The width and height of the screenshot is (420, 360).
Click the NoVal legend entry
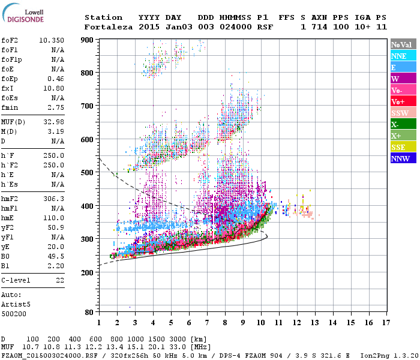pos(401,44)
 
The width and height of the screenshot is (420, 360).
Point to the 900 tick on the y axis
pos(88,40)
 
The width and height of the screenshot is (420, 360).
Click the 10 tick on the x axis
pos(260,322)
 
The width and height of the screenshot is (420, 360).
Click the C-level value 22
pos(60,280)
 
